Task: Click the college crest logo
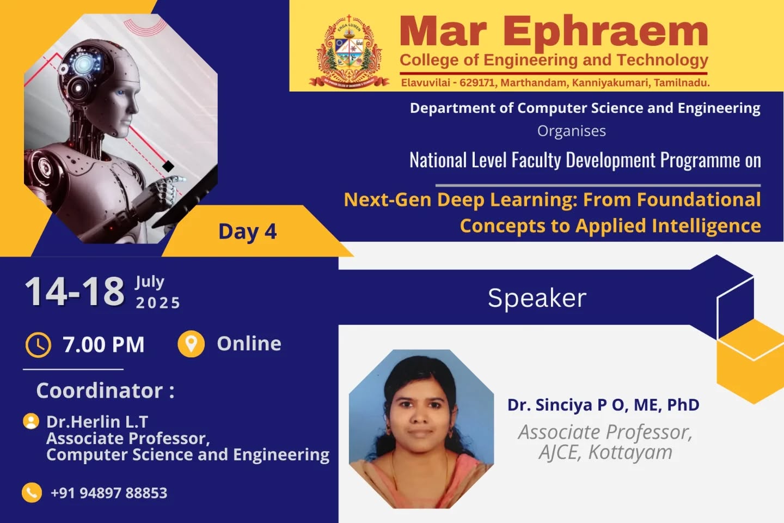(349, 51)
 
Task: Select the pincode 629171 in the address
(477, 83)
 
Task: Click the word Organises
(572, 131)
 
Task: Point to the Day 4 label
(247, 232)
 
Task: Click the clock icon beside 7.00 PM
(38, 345)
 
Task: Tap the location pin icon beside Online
(191, 344)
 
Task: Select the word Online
(249, 343)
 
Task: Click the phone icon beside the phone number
(32, 492)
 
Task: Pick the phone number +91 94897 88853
(109, 493)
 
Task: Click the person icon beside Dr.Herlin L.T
(31, 421)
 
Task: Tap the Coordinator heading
(106, 390)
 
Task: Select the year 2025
(158, 303)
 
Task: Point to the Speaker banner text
(537, 298)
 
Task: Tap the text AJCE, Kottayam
(605, 452)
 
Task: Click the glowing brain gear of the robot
(84, 64)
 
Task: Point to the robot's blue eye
(120, 93)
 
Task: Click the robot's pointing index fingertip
(183, 179)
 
